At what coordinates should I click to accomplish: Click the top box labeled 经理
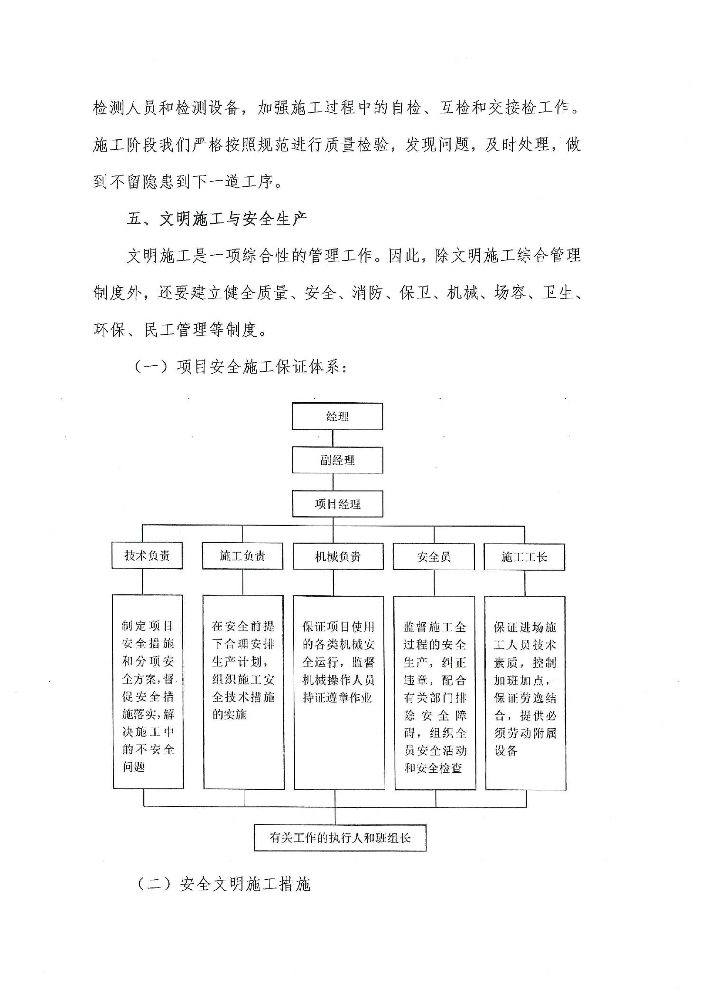coord(337,416)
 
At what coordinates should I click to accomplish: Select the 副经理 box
coord(337,460)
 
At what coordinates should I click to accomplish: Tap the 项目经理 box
coord(337,504)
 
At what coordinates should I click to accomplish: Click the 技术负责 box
coord(147,555)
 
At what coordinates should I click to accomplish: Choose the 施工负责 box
coord(242,556)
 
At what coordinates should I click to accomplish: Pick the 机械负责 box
coord(338,556)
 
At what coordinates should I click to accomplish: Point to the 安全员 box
coord(434,557)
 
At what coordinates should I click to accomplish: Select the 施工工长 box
coord(524,557)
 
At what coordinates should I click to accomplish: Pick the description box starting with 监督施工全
coord(435,693)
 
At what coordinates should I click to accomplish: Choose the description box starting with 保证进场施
coord(525,693)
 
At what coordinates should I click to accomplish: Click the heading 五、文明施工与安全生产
coord(217,219)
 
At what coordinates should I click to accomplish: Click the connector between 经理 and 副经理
coord(333,439)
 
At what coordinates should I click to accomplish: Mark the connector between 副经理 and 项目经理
coord(333,482)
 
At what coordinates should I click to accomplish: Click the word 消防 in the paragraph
coord(367,293)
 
